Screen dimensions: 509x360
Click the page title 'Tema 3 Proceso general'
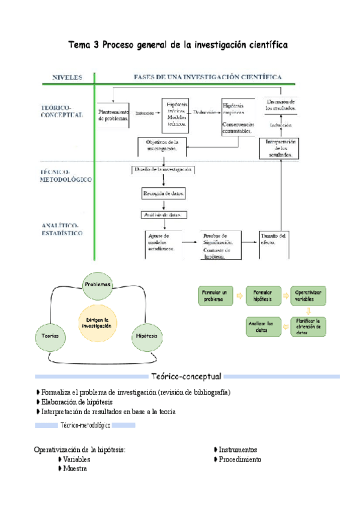coord(178,44)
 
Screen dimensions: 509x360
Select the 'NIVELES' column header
coord(68,77)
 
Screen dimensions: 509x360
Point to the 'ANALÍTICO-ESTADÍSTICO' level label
coord(62,229)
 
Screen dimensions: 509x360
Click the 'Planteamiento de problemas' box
coord(114,115)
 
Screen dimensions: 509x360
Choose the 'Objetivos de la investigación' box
coord(162,145)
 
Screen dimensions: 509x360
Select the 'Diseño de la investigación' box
coord(162,170)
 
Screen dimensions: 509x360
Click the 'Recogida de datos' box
coord(163,194)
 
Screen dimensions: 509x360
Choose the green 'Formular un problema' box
coord(215,295)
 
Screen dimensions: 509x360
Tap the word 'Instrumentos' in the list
coord(238,450)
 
